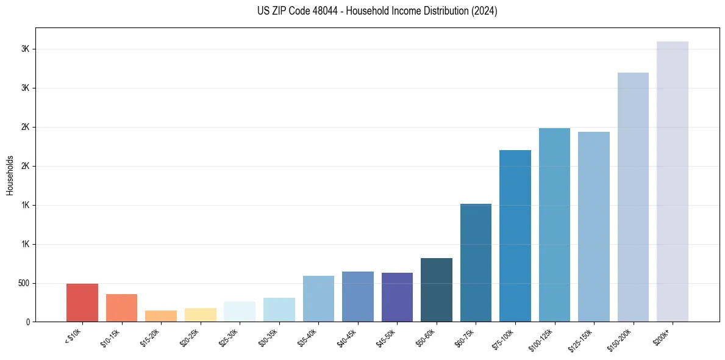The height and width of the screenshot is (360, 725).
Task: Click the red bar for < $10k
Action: point(82,303)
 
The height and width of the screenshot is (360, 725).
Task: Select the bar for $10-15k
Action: point(121,308)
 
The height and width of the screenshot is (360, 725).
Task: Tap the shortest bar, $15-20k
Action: point(161,316)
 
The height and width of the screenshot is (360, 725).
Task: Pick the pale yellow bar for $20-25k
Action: point(200,315)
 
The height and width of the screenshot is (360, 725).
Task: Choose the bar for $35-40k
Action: point(318,299)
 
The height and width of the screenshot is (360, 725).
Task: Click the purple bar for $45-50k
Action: point(397,297)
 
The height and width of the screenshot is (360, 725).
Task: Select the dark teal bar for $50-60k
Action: point(437,290)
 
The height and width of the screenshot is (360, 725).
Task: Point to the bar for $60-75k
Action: point(476,263)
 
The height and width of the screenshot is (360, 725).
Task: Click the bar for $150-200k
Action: point(633,197)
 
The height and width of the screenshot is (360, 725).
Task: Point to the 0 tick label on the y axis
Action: point(28,322)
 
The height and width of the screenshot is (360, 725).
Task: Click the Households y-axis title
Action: point(10,175)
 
